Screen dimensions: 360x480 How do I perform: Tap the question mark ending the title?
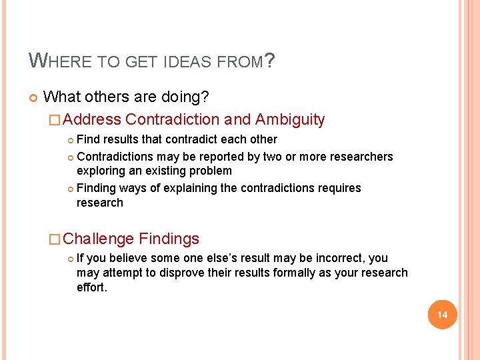[270, 61]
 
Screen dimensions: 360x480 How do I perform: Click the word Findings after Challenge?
[169, 239]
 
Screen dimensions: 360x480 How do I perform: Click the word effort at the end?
[91, 287]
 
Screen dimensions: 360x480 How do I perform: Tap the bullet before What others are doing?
[33, 98]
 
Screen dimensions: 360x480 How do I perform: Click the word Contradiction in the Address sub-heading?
[172, 120]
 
